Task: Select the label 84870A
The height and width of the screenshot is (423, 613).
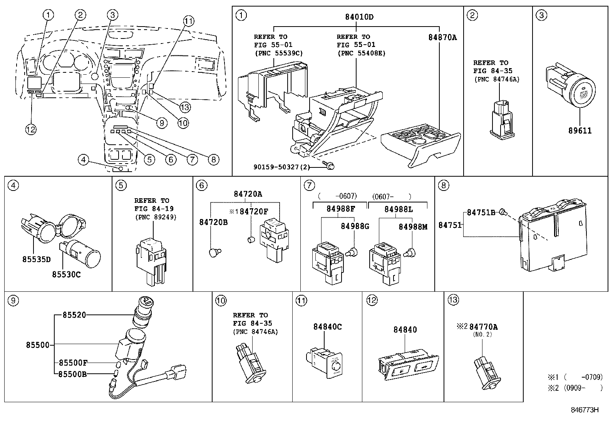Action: click(442, 37)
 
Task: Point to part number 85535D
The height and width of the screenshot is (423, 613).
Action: click(36, 259)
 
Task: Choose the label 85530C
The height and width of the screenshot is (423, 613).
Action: click(67, 275)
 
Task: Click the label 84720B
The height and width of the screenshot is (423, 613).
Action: click(213, 222)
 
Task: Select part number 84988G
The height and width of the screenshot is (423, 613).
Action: click(355, 226)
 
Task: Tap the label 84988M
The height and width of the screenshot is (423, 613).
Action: click(413, 227)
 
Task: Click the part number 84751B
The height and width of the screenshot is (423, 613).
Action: click(481, 212)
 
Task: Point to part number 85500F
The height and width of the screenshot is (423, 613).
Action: click(73, 363)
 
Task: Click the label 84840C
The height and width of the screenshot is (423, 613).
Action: click(327, 327)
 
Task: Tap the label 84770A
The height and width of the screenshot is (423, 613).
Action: click(483, 327)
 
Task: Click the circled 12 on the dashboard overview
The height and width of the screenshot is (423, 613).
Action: click(31, 130)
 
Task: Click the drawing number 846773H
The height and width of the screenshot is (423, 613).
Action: click(585, 410)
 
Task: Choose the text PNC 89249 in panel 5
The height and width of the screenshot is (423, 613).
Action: click(156, 217)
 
